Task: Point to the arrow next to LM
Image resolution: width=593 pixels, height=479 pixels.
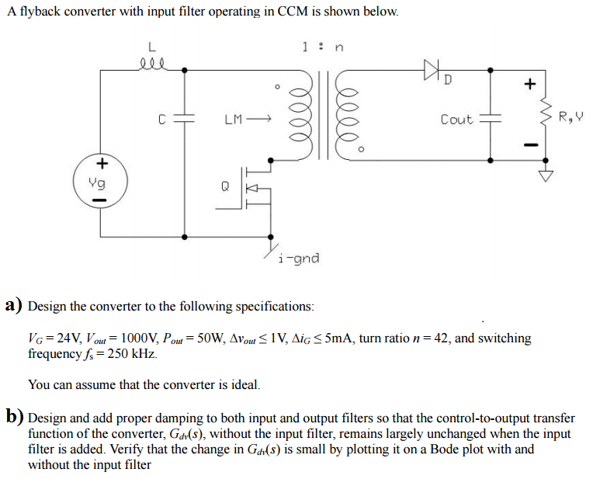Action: point(260,120)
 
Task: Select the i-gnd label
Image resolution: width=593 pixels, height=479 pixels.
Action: point(298,258)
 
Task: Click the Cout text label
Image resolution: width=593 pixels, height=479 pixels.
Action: point(456,120)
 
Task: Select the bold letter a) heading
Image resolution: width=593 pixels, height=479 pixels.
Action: point(14,306)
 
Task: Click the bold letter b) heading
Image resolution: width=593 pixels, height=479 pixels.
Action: point(14,418)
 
